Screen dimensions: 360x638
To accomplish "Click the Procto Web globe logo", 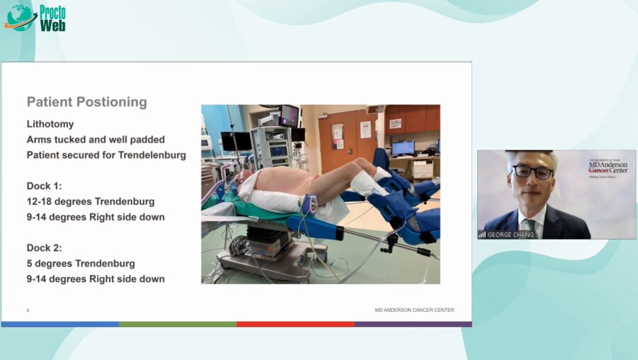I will click(x=21, y=18).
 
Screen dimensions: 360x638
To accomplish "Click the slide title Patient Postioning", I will click(x=86, y=101).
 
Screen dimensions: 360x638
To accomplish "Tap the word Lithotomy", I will click(x=50, y=124).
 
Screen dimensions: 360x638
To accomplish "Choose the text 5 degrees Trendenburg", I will click(x=81, y=264).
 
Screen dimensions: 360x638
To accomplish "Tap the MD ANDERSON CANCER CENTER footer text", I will click(x=414, y=310).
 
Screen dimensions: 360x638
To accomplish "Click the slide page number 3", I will click(x=28, y=310).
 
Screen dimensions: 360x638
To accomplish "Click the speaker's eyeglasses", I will click(x=532, y=171).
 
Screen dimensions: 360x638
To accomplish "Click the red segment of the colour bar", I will click(x=295, y=324).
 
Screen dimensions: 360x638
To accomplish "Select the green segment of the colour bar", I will click(x=177, y=324).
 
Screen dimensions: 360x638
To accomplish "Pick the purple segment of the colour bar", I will click(x=413, y=324).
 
